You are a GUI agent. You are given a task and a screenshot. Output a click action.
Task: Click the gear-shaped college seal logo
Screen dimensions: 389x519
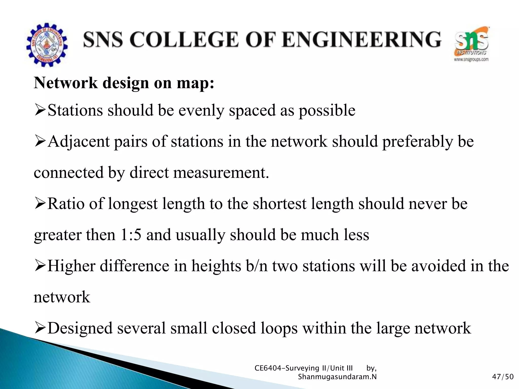pyautogui.click(x=47, y=45)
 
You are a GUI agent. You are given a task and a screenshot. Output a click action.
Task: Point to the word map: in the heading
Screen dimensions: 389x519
pyautogui.click(x=195, y=83)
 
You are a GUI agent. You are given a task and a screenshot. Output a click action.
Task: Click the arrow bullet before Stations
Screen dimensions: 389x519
pyautogui.click(x=40, y=110)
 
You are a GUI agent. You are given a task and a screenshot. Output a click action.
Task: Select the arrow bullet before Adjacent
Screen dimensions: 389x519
pyautogui.click(x=40, y=142)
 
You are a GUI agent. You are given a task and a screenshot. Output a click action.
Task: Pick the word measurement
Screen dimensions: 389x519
pyautogui.click(x=221, y=173)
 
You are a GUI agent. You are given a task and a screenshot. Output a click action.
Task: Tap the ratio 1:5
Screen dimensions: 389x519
pyautogui.click(x=131, y=235)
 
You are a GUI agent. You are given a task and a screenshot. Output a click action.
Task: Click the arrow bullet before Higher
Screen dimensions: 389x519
pyautogui.click(x=40, y=266)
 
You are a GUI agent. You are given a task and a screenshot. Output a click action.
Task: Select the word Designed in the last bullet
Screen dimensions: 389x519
pyautogui.click(x=80, y=328)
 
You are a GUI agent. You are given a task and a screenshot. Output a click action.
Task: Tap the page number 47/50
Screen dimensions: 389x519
pyautogui.click(x=503, y=377)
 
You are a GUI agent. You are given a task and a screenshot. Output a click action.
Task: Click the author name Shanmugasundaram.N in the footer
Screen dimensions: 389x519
pyautogui.click(x=337, y=377)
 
